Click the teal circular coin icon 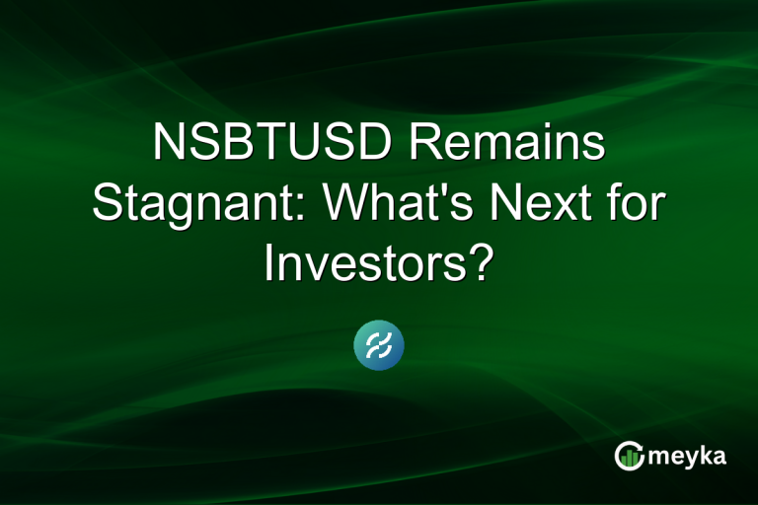tap(379, 346)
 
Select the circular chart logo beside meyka tap(630, 455)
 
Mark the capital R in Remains tap(427, 146)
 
